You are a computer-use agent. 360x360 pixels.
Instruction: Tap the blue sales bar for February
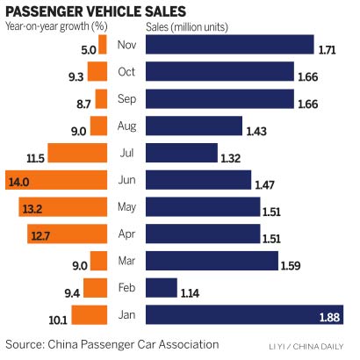[161, 288]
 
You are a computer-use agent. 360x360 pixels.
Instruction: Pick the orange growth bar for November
[103, 45]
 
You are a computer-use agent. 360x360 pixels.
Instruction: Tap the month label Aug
[126, 126]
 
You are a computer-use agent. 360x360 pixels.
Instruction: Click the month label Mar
[126, 261]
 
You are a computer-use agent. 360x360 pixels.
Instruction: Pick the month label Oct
[126, 72]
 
